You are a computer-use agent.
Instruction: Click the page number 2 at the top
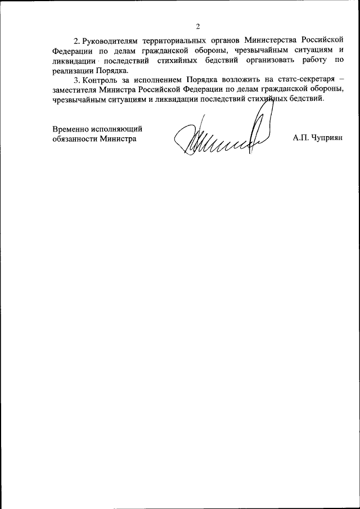click(198, 26)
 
